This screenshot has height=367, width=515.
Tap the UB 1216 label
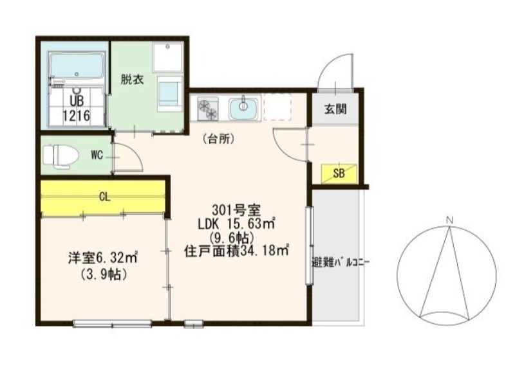[x=75, y=109]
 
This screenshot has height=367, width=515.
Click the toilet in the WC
[x=60, y=155]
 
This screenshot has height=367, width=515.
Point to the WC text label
[x=97, y=154]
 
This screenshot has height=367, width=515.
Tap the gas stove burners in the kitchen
[x=208, y=109]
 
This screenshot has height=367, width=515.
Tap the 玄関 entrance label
[x=335, y=109]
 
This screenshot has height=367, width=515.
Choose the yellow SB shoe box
[x=337, y=173]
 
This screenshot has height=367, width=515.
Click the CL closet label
[x=104, y=197]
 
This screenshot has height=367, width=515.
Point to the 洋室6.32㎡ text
[x=104, y=258]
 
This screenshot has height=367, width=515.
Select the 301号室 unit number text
[x=235, y=210]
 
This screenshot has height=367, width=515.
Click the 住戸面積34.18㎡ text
[x=236, y=250]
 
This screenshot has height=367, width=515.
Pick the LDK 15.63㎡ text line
[x=236, y=224]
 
